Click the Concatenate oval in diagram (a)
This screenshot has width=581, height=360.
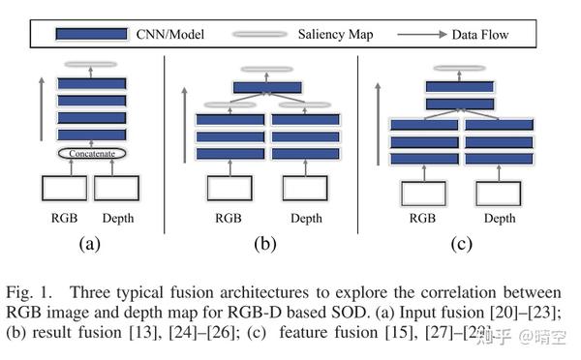(x=92, y=153)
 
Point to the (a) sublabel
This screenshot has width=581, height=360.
(x=90, y=244)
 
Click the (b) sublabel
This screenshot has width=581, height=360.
(x=265, y=244)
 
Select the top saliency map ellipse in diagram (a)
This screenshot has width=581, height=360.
(x=91, y=65)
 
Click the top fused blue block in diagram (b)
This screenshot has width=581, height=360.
(x=265, y=88)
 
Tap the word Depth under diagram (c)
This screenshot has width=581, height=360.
(x=500, y=219)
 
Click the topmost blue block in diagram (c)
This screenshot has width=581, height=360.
(x=460, y=86)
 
